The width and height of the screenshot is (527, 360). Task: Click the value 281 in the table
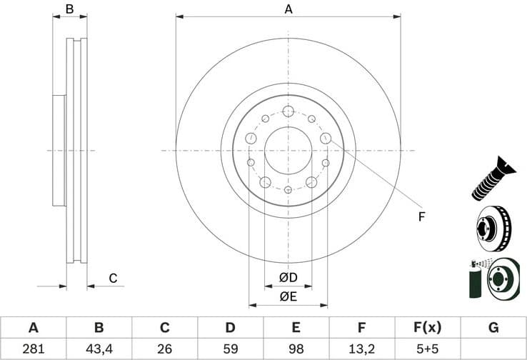click(x=33, y=349)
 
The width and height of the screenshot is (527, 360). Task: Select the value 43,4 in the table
click(x=99, y=349)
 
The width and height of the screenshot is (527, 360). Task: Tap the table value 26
click(x=164, y=349)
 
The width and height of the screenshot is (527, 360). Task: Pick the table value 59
click(x=230, y=349)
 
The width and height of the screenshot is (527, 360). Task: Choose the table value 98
click(x=296, y=349)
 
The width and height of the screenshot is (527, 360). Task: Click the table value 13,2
click(x=362, y=349)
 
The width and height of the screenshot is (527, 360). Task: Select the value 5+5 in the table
click(x=428, y=349)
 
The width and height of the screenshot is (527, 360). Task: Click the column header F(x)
click(x=428, y=328)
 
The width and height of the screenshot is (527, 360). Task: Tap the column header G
click(x=493, y=328)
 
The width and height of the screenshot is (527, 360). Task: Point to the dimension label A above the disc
click(x=288, y=9)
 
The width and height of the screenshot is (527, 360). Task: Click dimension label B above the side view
click(x=70, y=9)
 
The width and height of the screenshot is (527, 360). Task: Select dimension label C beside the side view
click(x=112, y=279)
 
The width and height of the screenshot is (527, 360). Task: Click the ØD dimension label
click(x=288, y=277)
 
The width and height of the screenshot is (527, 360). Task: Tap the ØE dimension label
click(x=288, y=296)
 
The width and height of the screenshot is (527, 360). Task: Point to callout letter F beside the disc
click(x=421, y=216)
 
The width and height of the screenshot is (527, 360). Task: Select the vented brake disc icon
click(x=493, y=229)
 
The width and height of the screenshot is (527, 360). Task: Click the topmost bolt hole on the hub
click(x=288, y=111)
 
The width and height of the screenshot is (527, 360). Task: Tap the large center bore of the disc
click(x=288, y=151)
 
